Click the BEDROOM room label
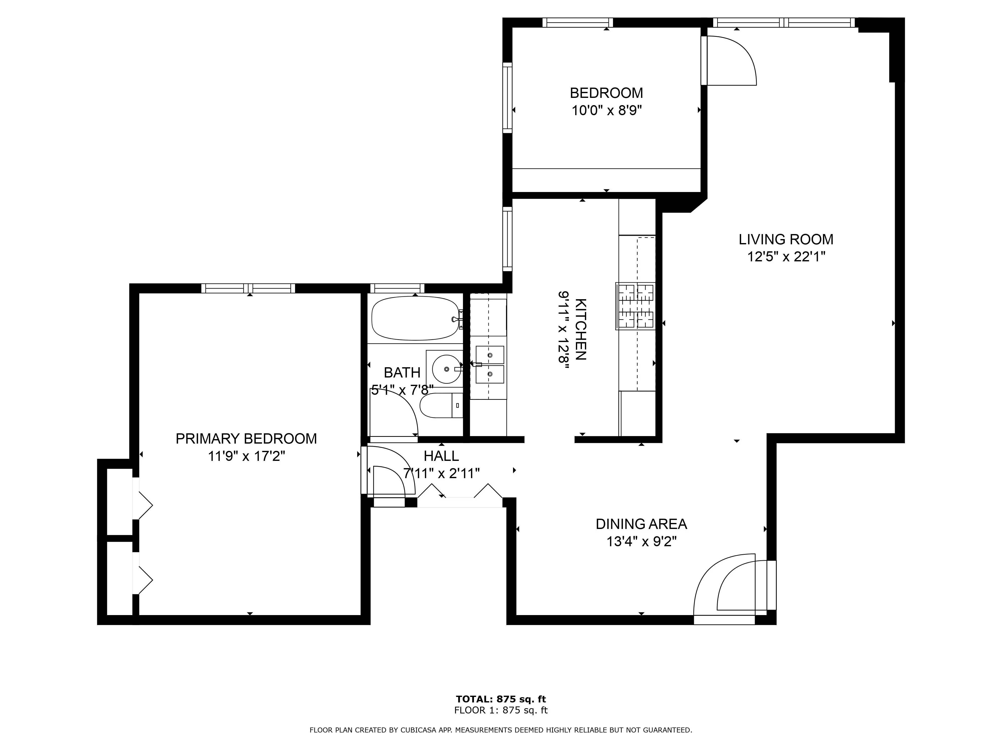coord(606,93)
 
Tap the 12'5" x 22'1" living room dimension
coord(786,257)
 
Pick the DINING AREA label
coord(641,524)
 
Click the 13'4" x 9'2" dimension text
coord(641,541)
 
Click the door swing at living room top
coord(729,61)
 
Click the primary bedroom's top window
coord(248,288)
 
